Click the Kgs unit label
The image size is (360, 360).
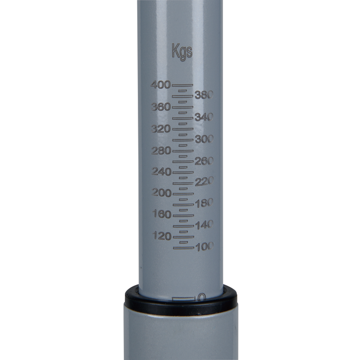182,52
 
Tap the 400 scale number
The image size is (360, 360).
160,85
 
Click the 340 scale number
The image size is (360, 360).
203,118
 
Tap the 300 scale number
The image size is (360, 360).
203,139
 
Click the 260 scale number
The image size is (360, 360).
203,161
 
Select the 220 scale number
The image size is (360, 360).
203,182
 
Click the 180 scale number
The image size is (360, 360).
203,204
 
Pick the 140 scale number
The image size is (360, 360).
203,225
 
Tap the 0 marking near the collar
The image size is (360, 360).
201,297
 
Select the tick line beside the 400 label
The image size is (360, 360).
182,85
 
